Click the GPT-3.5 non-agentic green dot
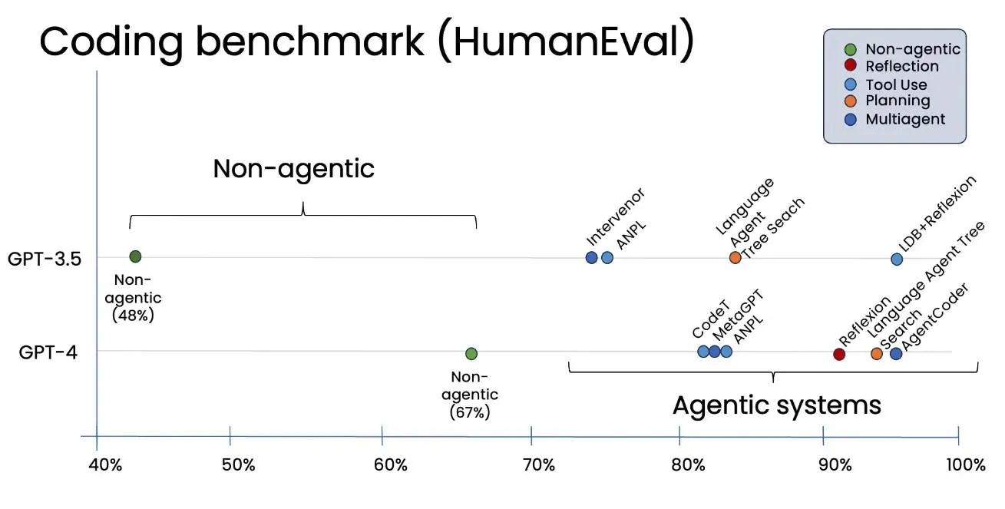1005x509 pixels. [135, 256]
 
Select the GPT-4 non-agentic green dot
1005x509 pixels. [471, 353]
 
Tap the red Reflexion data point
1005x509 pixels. [839, 354]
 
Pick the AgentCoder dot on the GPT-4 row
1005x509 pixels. [896, 353]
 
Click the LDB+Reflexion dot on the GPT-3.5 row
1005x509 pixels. [897, 259]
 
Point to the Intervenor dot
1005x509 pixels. [591, 257]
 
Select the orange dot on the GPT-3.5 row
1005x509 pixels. [735, 257]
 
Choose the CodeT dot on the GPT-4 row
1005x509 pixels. [703, 352]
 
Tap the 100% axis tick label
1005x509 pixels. [966, 464]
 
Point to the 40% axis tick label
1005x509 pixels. [105, 464]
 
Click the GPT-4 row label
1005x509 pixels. [48, 352]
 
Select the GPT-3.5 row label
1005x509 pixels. [45, 258]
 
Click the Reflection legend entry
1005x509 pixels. [901, 67]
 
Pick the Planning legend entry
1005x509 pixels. [898, 101]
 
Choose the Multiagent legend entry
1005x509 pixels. [905, 119]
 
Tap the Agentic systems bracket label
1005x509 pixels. [777, 405]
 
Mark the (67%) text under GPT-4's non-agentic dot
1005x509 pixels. [470, 412]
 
